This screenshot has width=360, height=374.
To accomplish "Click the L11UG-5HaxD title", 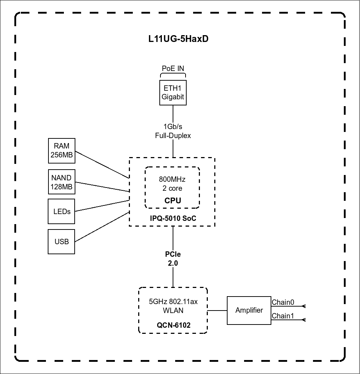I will click(178, 39).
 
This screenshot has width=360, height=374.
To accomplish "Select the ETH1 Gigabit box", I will click(173, 93).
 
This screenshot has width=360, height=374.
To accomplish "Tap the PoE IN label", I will click(173, 68).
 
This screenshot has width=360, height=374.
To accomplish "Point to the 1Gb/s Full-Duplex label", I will click(173, 131).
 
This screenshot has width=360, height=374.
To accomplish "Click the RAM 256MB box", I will click(62, 150).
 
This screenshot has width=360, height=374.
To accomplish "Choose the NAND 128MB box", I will click(62, 182).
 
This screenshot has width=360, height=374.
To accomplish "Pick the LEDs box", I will click(62, 212).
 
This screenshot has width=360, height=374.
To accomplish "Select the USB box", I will click(62, 242).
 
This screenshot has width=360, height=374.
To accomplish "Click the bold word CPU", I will click(173, 201).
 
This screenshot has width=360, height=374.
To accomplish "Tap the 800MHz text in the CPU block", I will click(172, 179).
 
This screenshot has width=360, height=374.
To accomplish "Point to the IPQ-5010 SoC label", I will click(173, 218).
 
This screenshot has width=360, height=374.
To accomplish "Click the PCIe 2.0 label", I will click(173, 259).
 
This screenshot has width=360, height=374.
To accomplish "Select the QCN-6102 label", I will click(173, 326).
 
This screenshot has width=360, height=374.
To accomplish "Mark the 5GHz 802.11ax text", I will click(173, 302).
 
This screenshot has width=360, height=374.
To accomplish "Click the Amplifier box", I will click(249, 311).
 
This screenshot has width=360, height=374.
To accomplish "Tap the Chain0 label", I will click(283, 302).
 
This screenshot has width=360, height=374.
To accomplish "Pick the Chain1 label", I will click(283, 316).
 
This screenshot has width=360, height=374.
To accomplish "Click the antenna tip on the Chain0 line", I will click(304, 306).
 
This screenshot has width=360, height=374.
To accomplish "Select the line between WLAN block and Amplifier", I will click(217, 311).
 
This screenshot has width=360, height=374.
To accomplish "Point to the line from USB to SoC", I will click(102, 227).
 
